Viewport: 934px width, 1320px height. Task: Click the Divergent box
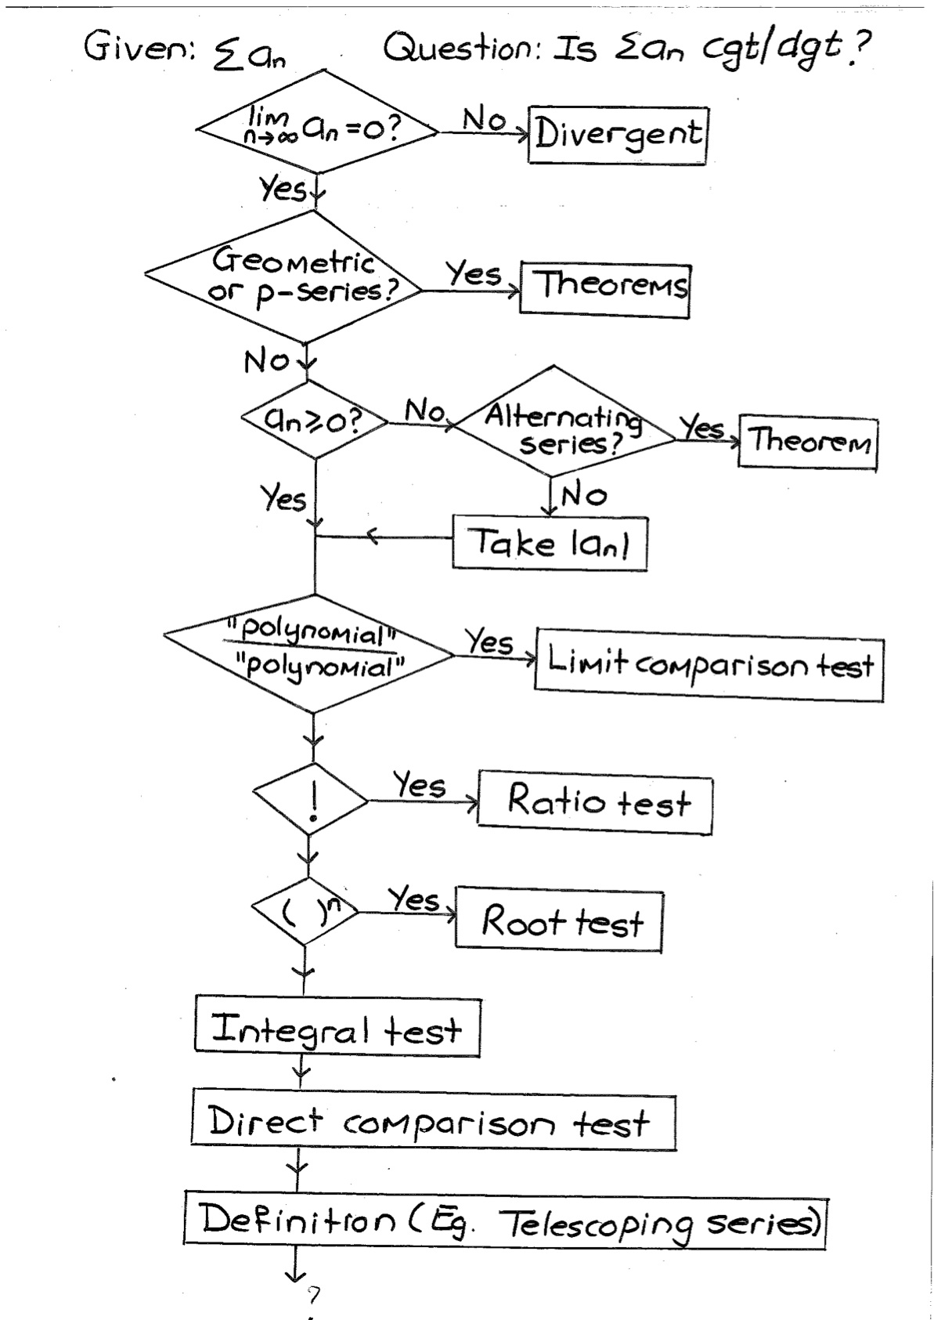point(617,136)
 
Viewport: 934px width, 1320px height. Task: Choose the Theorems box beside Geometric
point(605,291)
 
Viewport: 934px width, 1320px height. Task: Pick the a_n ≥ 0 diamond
point(316,421)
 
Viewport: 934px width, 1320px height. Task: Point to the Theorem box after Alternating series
point(808,443)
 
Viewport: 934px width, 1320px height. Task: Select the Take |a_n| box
point(550,543)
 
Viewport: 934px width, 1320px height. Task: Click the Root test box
point(559,921)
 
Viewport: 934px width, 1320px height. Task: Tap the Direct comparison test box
point(433,1123)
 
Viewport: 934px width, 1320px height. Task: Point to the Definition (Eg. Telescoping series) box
point(506,1220)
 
